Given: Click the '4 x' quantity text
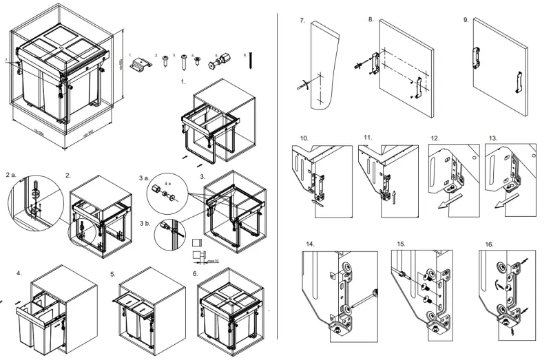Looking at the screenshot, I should click(169, 184).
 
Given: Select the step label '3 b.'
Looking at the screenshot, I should click(145, 224).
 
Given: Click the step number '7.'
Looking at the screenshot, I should click(302, 21).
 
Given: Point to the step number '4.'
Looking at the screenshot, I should click(19, 274).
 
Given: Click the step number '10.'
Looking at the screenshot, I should click(304, 139).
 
